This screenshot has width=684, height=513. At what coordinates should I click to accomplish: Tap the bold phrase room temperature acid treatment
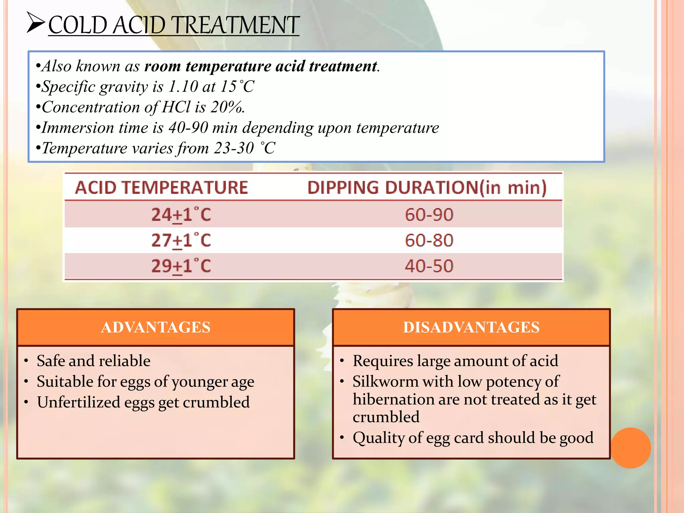pos(261,66)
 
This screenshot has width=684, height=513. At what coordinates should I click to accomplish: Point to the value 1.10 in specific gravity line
pos(183,87)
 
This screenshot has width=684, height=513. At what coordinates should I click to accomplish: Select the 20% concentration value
pos(227,107)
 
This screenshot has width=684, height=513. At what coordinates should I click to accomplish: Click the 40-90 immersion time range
pos(188,128)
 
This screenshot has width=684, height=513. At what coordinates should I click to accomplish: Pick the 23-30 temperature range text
pos(234,148)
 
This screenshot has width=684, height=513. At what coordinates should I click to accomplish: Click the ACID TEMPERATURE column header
pos(161,187)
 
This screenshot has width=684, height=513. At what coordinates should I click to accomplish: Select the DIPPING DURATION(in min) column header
pos(427,187)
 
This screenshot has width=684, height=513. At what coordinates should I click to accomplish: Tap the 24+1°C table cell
pos(181,215)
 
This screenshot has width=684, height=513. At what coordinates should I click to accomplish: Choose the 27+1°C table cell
pos(181,240)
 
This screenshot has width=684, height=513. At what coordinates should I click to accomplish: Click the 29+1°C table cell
pos(181,266)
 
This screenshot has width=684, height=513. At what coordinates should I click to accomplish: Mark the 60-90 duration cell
pos(429,215)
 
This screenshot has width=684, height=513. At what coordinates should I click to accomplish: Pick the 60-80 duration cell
pos(429,240)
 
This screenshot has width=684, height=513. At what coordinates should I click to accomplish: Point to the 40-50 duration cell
pos(429,266)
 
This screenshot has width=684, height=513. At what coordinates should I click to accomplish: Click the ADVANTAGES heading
pos(156,327)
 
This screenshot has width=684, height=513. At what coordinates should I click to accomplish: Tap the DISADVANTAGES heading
pos(471,327)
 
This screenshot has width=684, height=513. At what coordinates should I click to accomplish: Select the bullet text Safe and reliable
pos(94,361)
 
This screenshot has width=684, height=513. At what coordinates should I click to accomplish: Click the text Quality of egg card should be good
pos(473,438)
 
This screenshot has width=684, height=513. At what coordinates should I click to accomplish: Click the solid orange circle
pos(631,448)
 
